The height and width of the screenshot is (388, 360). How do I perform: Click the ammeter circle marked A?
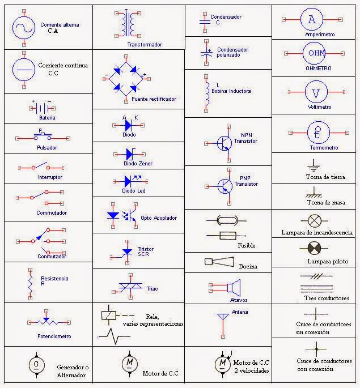tap(311, 19)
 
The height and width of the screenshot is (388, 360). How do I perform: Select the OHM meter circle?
tap(314, 54)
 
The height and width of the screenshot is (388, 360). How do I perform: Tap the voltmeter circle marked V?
tap(315, 92)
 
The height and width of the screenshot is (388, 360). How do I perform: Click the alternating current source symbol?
tap(25, 27)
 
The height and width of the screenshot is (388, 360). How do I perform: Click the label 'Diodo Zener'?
tap(137, 164)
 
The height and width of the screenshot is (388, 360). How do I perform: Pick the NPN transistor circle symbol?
tap(225, 142)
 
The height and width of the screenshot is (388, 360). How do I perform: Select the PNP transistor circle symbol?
tap(225, 185)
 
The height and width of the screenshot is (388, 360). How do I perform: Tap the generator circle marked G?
tap(37, 363)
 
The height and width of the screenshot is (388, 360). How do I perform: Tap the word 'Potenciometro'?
tap(54, 336)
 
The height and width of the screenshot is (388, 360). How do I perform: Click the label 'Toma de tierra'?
tap(325, 177)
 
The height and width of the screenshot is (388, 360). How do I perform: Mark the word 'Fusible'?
tap(247, 246)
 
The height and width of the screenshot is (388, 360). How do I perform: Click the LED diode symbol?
tap(130, 181)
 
